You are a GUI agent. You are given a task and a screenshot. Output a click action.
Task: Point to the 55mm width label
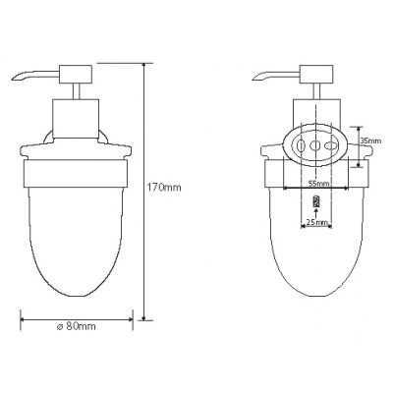point(316,184)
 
